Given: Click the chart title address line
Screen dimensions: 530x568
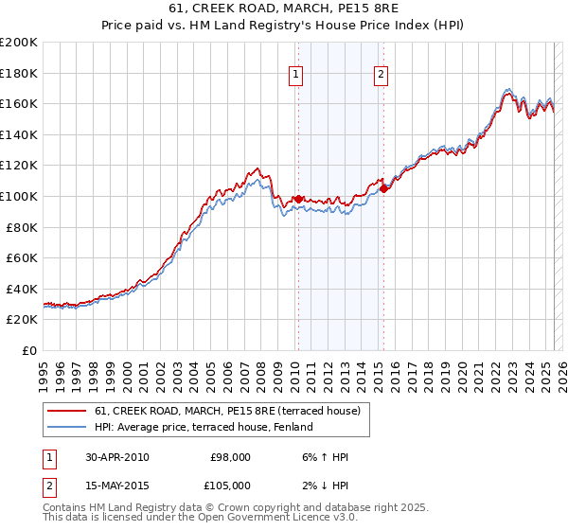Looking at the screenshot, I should (x=284, y=10).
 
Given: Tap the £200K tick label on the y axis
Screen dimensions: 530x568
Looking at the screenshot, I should (x=19, y=43).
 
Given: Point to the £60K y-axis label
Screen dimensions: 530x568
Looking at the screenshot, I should (x=22, y=257).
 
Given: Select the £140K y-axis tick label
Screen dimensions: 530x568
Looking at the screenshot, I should (x=19, y=134).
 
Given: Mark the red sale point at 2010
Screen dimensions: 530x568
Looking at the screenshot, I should (x=298, y=199).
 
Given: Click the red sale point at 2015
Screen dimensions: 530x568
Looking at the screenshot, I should (x=383, y=187).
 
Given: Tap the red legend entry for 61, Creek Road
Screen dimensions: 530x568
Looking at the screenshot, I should (x=227, y=412).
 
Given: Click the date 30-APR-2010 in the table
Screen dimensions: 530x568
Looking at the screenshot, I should (x=116, y=457).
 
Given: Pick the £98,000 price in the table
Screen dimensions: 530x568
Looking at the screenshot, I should (x=230, y=457).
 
